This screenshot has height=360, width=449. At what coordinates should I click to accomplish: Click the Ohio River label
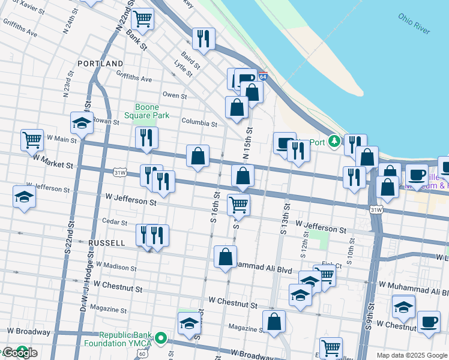tap(414, 23)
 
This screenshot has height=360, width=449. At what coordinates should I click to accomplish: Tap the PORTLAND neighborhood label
tap(100, 63)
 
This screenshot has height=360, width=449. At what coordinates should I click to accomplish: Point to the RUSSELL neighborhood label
tap(106, 243)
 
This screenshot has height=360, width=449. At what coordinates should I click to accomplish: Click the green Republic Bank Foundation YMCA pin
tap(160, 338)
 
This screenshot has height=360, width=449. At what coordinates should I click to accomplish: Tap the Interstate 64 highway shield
tap(262, 76)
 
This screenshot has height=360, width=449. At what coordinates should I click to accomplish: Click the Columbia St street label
tap(199, 124)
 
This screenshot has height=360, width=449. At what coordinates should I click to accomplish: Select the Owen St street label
tap(175, 95)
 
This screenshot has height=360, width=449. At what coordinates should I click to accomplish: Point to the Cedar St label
tap(115, 221)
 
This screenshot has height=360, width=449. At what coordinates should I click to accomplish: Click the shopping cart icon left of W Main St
tap(32, 140)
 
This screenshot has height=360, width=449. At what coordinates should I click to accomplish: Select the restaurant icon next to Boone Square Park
tap(146, 138)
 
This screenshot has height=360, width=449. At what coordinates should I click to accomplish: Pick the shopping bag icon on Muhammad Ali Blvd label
tap(225, 257)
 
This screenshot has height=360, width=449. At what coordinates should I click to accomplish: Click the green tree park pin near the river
tap(334, 142)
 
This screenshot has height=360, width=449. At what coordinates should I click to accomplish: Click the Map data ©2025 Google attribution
tap(411, 355)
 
